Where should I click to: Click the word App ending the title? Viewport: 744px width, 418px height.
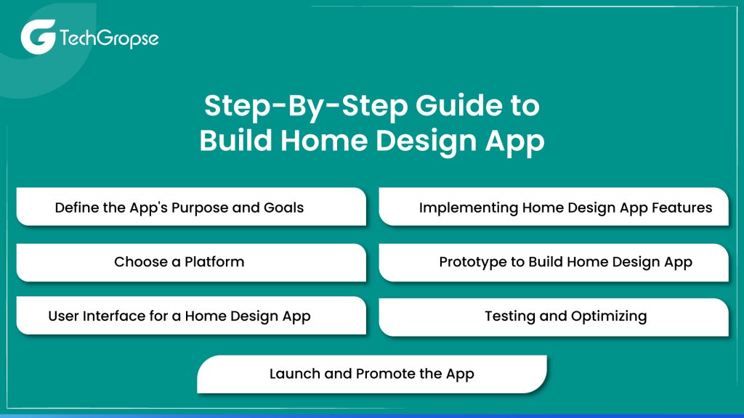[515, 140]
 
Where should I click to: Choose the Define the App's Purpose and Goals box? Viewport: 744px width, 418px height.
[190, 207]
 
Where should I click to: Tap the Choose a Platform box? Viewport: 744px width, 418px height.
[190, 262]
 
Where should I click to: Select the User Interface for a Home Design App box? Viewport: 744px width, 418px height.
[190, 316]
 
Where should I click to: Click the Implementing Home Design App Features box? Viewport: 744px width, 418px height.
[554, 207]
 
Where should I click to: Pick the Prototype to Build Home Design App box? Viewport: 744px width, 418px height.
[554, 262]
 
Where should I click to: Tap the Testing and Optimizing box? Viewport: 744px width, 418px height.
[554, 316]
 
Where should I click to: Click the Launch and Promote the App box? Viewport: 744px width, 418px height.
[371, 374]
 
